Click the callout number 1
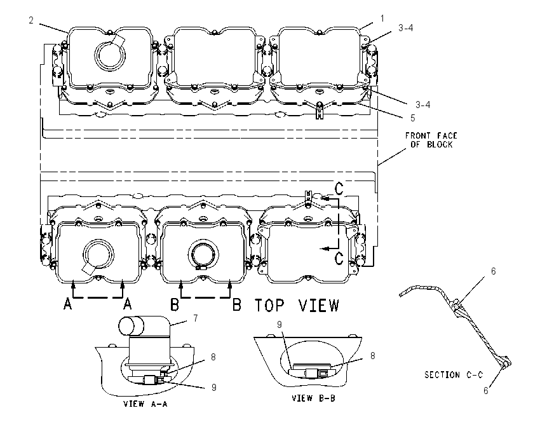point(382,18)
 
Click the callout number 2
point(31,20)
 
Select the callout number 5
point(412,118)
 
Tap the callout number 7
point(196,318)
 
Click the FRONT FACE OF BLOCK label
point(431,140)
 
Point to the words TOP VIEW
point(297,305)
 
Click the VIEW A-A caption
point(145,404)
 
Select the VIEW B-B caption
point(313,398)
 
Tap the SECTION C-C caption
point(454,374)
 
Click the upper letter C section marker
point(339,188)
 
